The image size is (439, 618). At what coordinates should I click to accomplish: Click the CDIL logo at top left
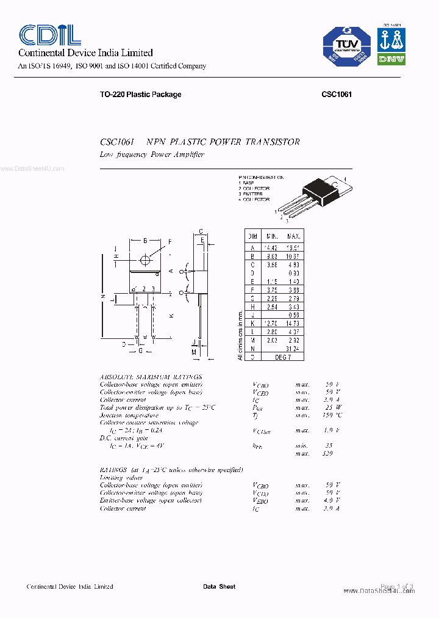pyautogui.click(x=50, y=35)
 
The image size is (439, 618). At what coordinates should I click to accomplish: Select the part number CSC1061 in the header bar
pyautogui.click(x=337, y=95)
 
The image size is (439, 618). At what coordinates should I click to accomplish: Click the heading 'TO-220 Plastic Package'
pyautogui.click(x=140, y=95)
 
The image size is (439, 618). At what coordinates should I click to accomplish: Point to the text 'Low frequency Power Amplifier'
pyautogui.click(x=152, y=154)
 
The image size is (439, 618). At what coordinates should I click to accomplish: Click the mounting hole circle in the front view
pyautogui.click(x=145, y=260)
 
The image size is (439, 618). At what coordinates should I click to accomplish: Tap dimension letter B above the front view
pyautogui.click(x=145, y=241)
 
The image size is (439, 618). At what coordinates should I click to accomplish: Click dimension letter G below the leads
pyautogui.click(x=141, y=351)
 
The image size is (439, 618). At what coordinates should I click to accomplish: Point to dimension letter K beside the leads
pyautogui.click(x=171, y=315)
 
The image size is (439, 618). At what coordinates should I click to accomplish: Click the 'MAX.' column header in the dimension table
pyautogui.click(x=293, y=236)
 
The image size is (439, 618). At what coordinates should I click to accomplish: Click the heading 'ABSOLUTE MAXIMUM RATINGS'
pyautogui.click(x=150, y=377)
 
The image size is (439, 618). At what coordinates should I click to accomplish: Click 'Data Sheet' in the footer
pyautogui.click(x=219, y=587)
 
